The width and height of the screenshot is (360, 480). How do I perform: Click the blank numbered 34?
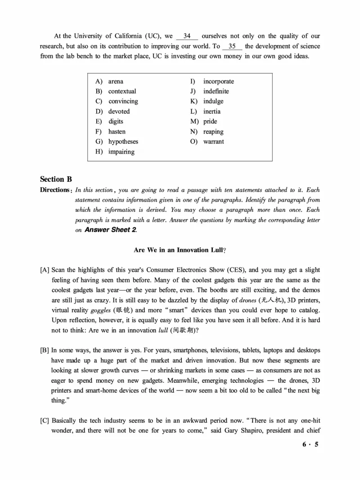point(187,36)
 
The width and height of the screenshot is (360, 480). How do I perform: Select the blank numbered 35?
point(232,46)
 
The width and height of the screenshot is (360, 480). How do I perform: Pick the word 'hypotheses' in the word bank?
point(123,142)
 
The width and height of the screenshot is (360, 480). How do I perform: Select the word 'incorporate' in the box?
point(218,81)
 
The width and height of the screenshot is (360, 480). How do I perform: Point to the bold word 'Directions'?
point(55,190)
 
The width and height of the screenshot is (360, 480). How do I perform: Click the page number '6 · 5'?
point(310,445)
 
